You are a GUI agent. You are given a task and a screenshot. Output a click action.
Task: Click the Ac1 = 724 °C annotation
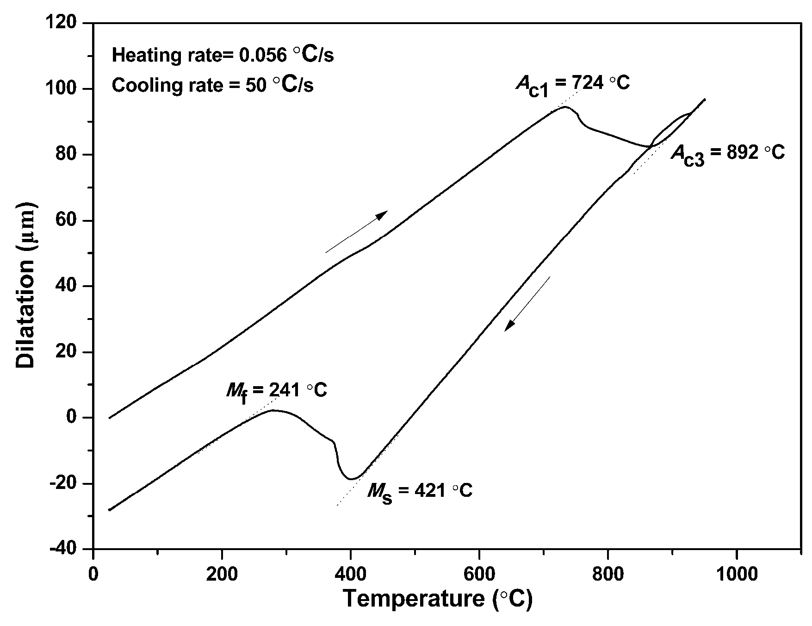click(573, 85)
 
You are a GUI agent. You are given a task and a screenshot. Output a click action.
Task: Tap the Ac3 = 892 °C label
click(727, 153)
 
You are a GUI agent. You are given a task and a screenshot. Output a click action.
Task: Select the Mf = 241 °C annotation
click(276, 392)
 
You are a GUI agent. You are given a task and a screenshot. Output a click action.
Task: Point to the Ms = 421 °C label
click(420, 492)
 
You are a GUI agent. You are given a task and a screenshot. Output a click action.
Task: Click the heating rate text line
click(223, 55)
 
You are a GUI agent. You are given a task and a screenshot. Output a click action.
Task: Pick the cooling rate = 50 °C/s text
click(212, 86)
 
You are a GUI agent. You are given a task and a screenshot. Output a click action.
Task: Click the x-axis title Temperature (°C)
click(437, 600)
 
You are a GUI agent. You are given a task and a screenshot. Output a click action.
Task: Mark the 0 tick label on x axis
click(93, 574)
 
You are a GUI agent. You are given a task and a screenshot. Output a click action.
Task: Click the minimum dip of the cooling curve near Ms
click(352, 479)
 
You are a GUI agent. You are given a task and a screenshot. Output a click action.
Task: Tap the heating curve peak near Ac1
click(564, 107)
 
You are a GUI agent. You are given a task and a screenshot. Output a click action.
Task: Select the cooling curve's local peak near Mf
click(273, 410)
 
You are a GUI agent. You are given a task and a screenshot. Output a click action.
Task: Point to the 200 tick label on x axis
click(222, 574)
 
